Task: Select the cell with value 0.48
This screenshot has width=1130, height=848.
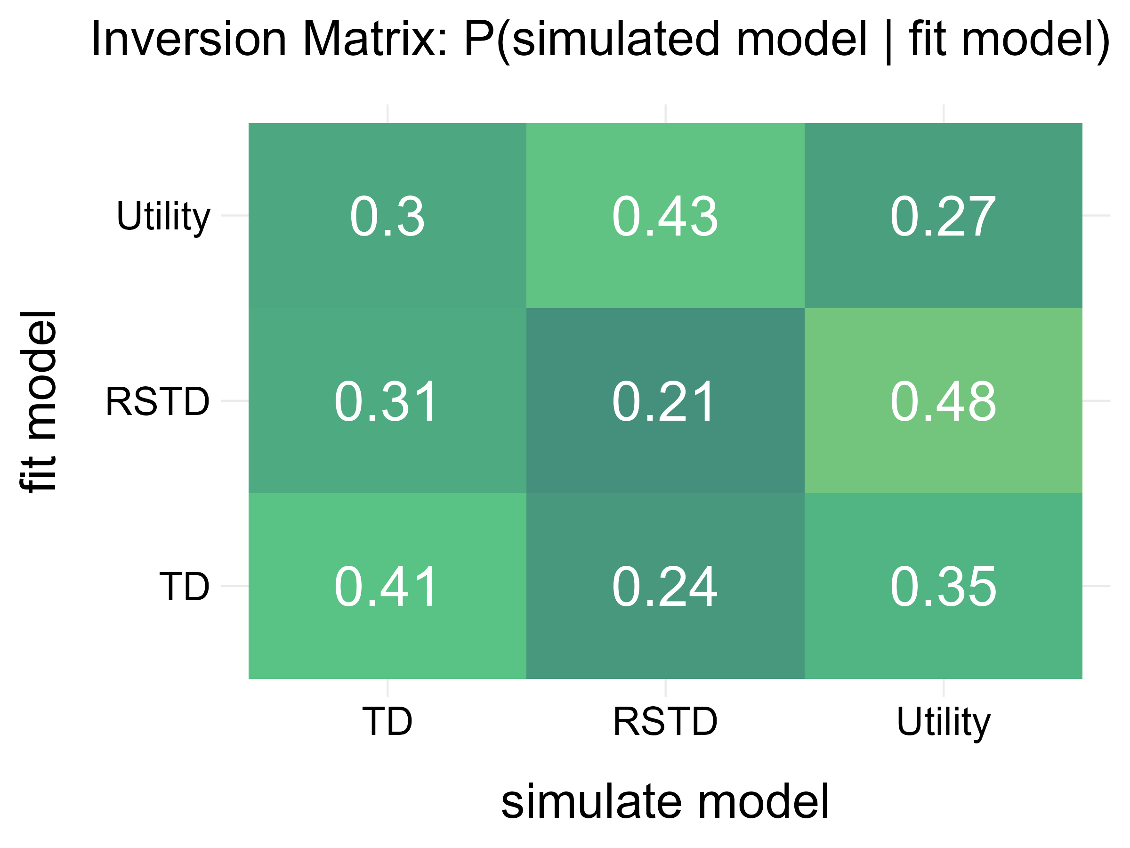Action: coord(943,402)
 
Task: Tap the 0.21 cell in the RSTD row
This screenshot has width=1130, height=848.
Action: coord(665,402)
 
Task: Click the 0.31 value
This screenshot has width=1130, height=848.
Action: coord(387,402)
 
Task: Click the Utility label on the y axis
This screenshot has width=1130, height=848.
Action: coord(163,217)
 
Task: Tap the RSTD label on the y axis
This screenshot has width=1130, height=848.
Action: coord(157,402)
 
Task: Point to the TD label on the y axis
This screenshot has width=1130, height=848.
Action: coord(185,587)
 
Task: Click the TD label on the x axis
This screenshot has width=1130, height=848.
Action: coord(387,721)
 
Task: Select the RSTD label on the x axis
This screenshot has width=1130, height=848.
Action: coord(665,721)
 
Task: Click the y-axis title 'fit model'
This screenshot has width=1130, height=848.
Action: coord(38,402)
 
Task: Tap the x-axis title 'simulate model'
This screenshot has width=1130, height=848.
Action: coord(665,802)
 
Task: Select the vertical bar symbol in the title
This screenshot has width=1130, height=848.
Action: coord(888,41)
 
